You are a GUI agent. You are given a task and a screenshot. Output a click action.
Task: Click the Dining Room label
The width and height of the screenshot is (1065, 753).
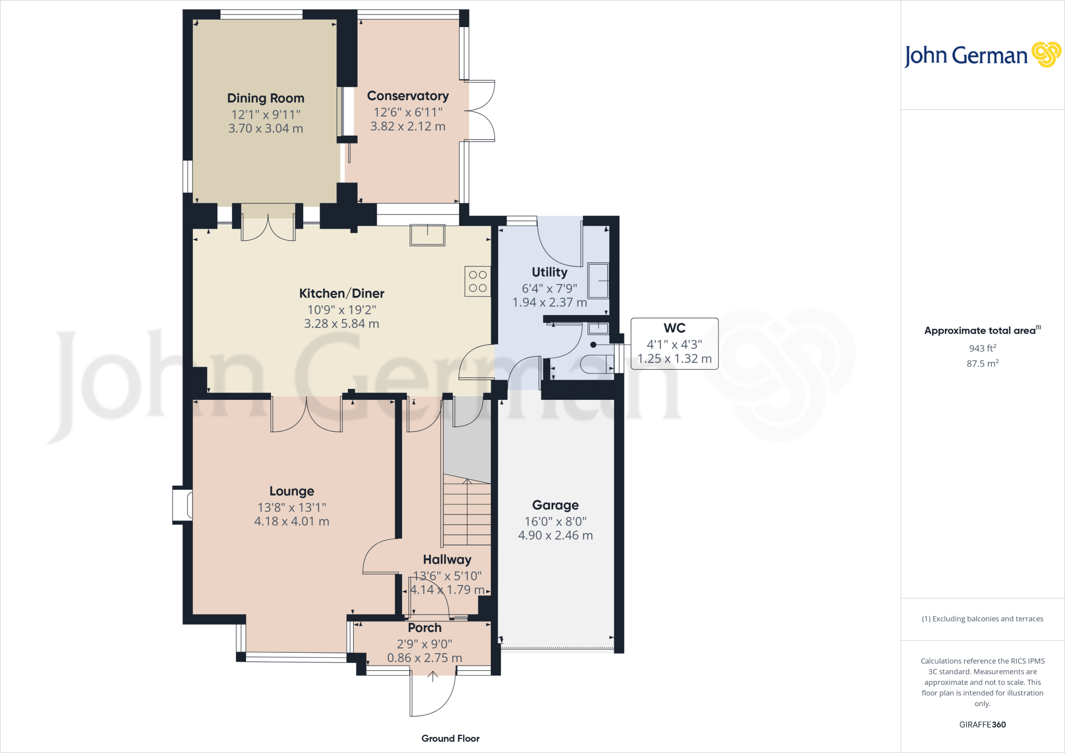pyautogui.click(x=265, y=98)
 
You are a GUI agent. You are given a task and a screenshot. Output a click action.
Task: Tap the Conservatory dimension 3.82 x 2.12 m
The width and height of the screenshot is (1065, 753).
pyautogui.click(x=408, y=126)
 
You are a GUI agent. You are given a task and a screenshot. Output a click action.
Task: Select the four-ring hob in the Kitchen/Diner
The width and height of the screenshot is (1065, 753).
pyautogui.click(x=477, y=281)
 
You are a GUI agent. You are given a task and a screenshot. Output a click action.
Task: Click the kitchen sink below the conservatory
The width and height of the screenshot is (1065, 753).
pyautogui.click(x=427, y=235)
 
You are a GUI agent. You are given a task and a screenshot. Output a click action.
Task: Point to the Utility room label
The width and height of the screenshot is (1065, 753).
pyautogui.click(x=549, y=272)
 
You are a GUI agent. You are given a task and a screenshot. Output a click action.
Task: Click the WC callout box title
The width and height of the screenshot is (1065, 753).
pyautogui.click(x=674, y=328)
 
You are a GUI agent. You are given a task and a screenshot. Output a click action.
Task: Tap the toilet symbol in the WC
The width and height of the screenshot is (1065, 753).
pyautogui.click(x=596, y=364)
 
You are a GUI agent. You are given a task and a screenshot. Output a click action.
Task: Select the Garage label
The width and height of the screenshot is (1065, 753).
pyautogui.click(x=555, y=505)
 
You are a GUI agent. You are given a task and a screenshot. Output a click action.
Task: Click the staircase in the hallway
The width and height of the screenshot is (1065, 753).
pyautogui.click(x=467, y=512)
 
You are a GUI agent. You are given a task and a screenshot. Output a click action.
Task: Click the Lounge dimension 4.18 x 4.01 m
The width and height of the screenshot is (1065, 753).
pyautogui.click(x=291, y=521)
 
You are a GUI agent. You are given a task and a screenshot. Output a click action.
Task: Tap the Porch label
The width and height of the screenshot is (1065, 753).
pyautogui.click(x=424, y=628)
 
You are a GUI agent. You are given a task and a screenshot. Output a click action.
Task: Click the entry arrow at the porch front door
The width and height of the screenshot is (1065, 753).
pyautogui.click(x=433, y=676)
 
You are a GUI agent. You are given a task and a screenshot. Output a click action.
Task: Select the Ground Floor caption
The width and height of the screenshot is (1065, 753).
pyautogui.click(x=450, y=738)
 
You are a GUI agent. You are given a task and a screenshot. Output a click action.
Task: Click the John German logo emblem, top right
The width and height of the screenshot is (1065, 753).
pyautogui.click(x=1046, y=55)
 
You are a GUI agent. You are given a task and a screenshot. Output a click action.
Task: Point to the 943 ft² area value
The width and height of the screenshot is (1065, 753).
pyautogui.click(x=982, y=348)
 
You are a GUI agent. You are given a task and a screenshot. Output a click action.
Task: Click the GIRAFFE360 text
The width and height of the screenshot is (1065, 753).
pyautogui.click(x=982, y=724)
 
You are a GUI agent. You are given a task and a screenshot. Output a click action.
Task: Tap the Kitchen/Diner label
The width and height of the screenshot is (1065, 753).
pyautogui.click(x=342, y=293)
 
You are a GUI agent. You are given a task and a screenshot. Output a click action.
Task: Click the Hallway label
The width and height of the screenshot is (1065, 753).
pyautogui.click(x=447, y=560)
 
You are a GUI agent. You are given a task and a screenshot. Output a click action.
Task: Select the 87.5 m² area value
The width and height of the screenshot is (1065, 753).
pyautogui.click(x=982, y=363)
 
